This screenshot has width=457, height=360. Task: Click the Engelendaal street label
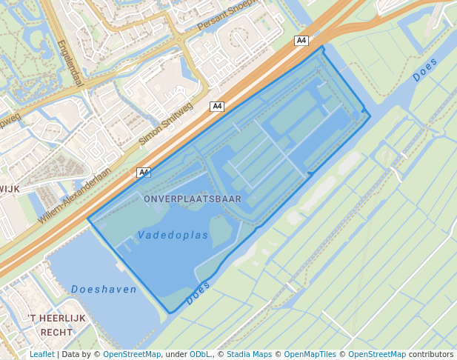tap(70, 62)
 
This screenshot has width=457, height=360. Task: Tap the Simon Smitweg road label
tap(166, 123)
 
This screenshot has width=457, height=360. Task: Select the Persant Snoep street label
tap(227, 16)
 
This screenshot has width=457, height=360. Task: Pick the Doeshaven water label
tap(104, 289)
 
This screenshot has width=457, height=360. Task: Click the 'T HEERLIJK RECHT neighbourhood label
tap(56, 325)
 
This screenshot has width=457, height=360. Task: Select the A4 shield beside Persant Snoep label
tap(301, 41)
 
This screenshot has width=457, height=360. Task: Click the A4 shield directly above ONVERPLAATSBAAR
tap(144, 173)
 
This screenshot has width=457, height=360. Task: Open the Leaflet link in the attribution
tap(41, 354)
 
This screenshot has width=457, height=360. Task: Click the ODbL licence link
tap(199, 354)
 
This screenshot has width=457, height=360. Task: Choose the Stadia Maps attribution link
tap(249, 354)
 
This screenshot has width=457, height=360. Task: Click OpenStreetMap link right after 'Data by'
tap(132, 354)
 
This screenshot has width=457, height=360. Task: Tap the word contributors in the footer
tap(431, 354)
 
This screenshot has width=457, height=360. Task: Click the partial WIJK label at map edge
tap(10, 189)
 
